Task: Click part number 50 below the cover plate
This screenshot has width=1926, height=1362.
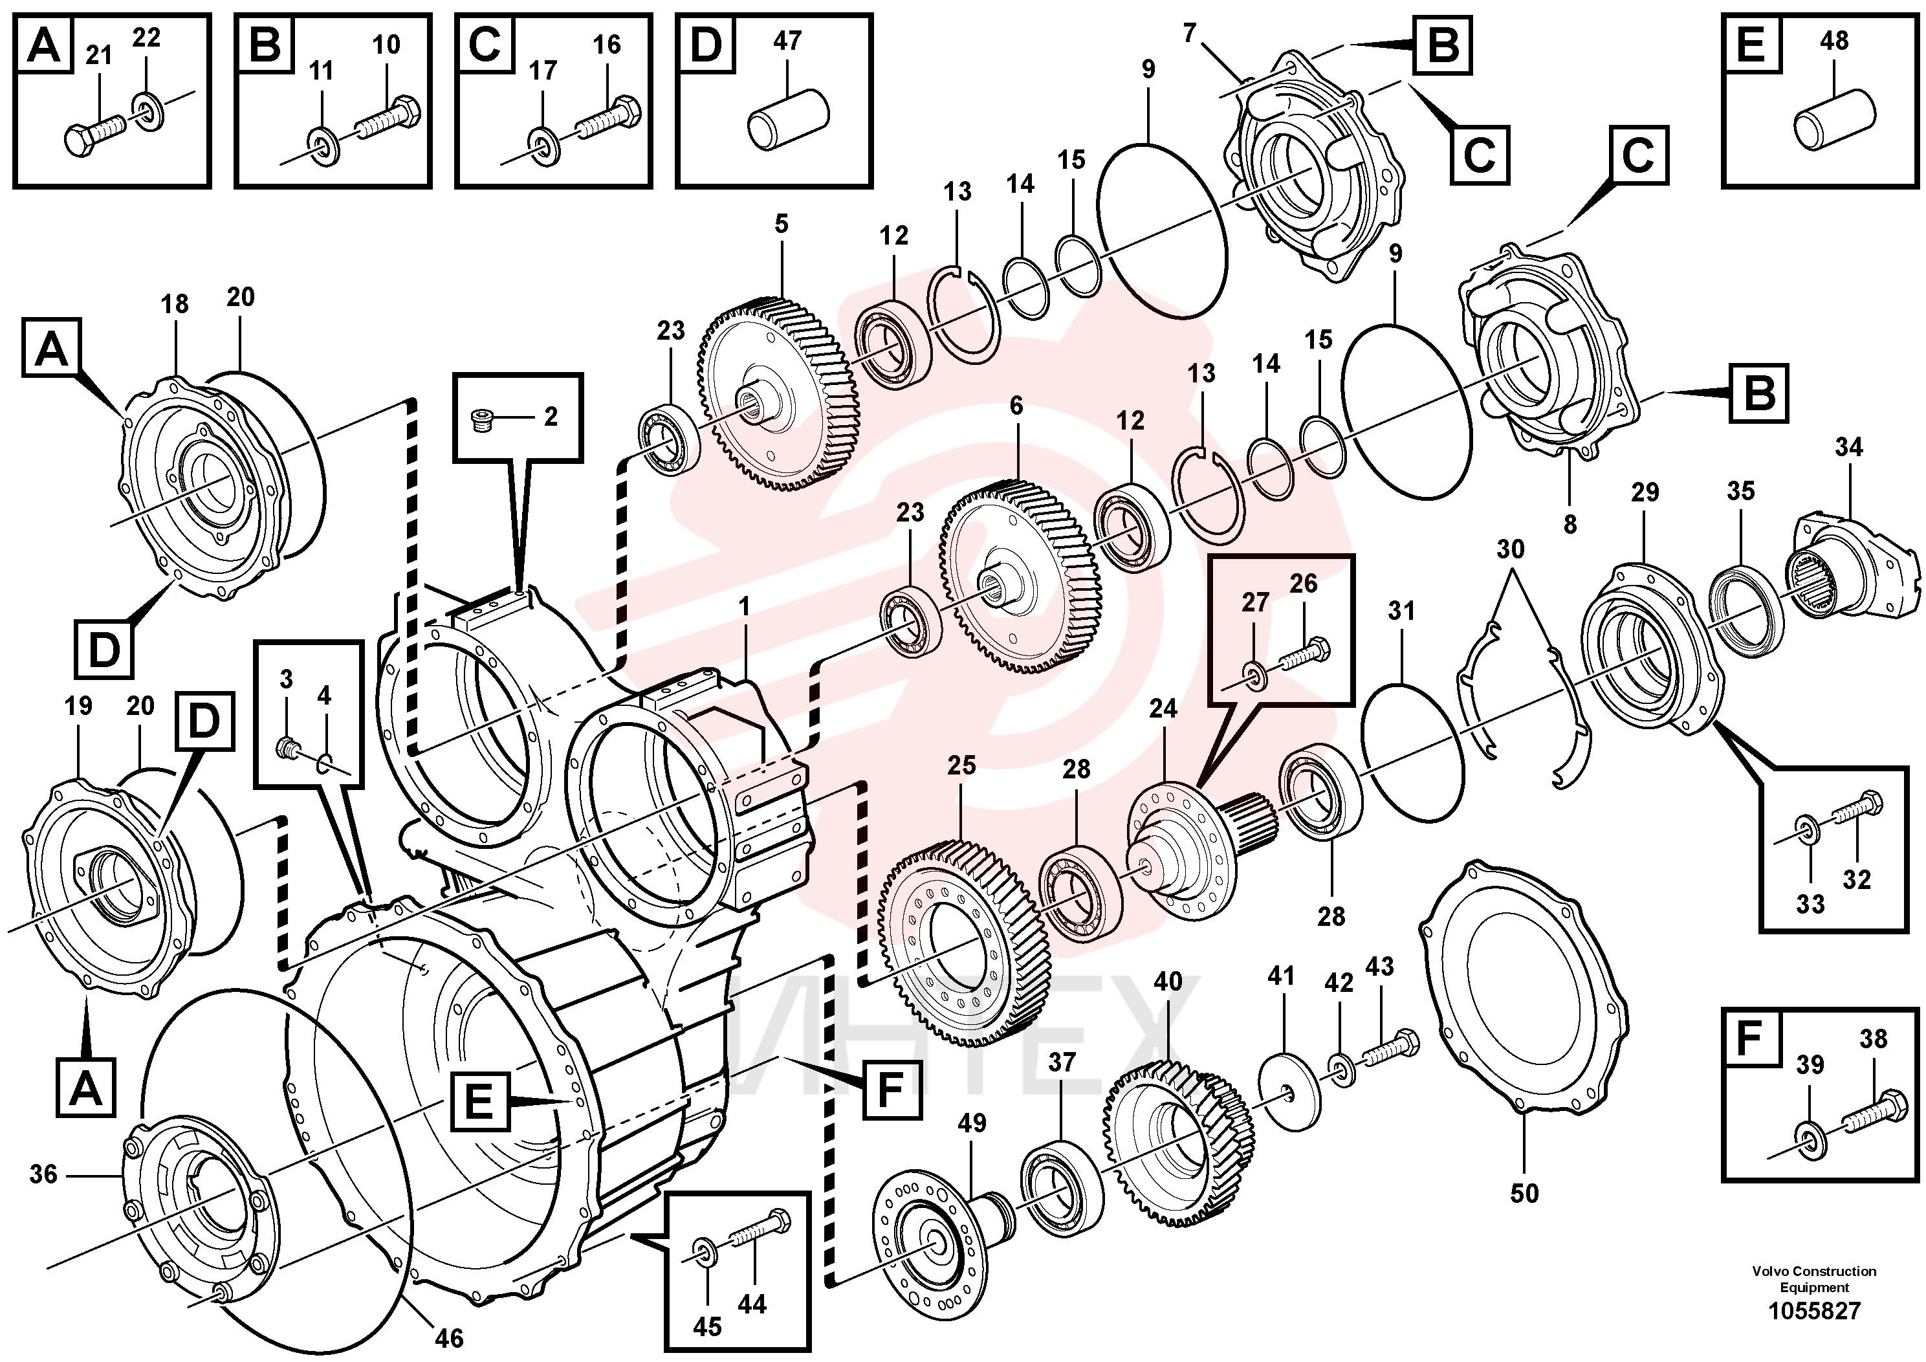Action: tap(1524, 1192)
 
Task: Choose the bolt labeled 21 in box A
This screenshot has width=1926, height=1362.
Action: tap(94, 133)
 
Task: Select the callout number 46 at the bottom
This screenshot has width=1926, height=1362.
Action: tap(450, 1337)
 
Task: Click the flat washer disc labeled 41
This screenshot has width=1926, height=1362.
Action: tap(1289, 1080)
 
